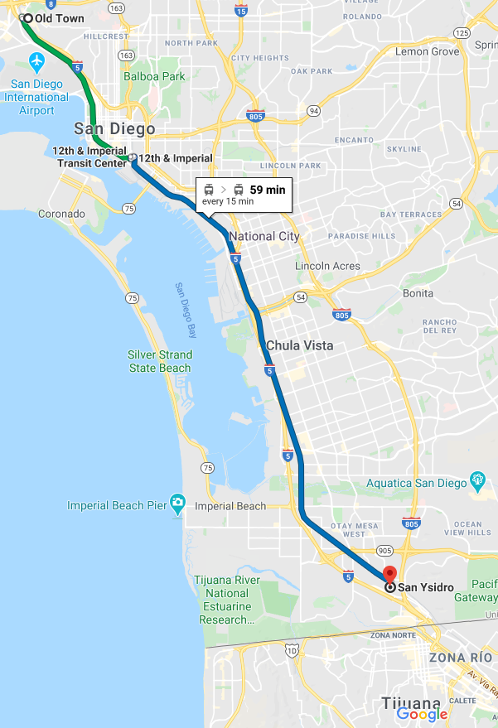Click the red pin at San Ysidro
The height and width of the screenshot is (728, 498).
(x=389, y=575)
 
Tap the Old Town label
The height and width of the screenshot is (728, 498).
(x=59, y=18)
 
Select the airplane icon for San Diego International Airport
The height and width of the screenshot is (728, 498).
(x=36, y=61)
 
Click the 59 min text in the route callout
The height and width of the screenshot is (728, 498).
(x=267, y=190)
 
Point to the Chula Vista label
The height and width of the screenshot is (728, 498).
(x=300, y=345)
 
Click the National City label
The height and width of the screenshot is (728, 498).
(x=264, y=236)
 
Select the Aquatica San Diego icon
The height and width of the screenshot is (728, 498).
(x=477, y=480)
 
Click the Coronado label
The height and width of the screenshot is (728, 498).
(x=61, y=214)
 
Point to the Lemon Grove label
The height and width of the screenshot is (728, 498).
(x=427, y=51)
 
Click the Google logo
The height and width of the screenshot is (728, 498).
(x=422, y=714)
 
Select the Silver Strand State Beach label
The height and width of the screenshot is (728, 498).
(x=160, y=361)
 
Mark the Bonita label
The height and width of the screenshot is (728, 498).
(x=418, y=293)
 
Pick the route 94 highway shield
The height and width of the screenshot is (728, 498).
(x=313, y=110)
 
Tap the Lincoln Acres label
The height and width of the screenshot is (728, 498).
(x=328, y=266)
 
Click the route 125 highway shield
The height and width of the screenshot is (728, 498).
(x=462, y=32)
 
